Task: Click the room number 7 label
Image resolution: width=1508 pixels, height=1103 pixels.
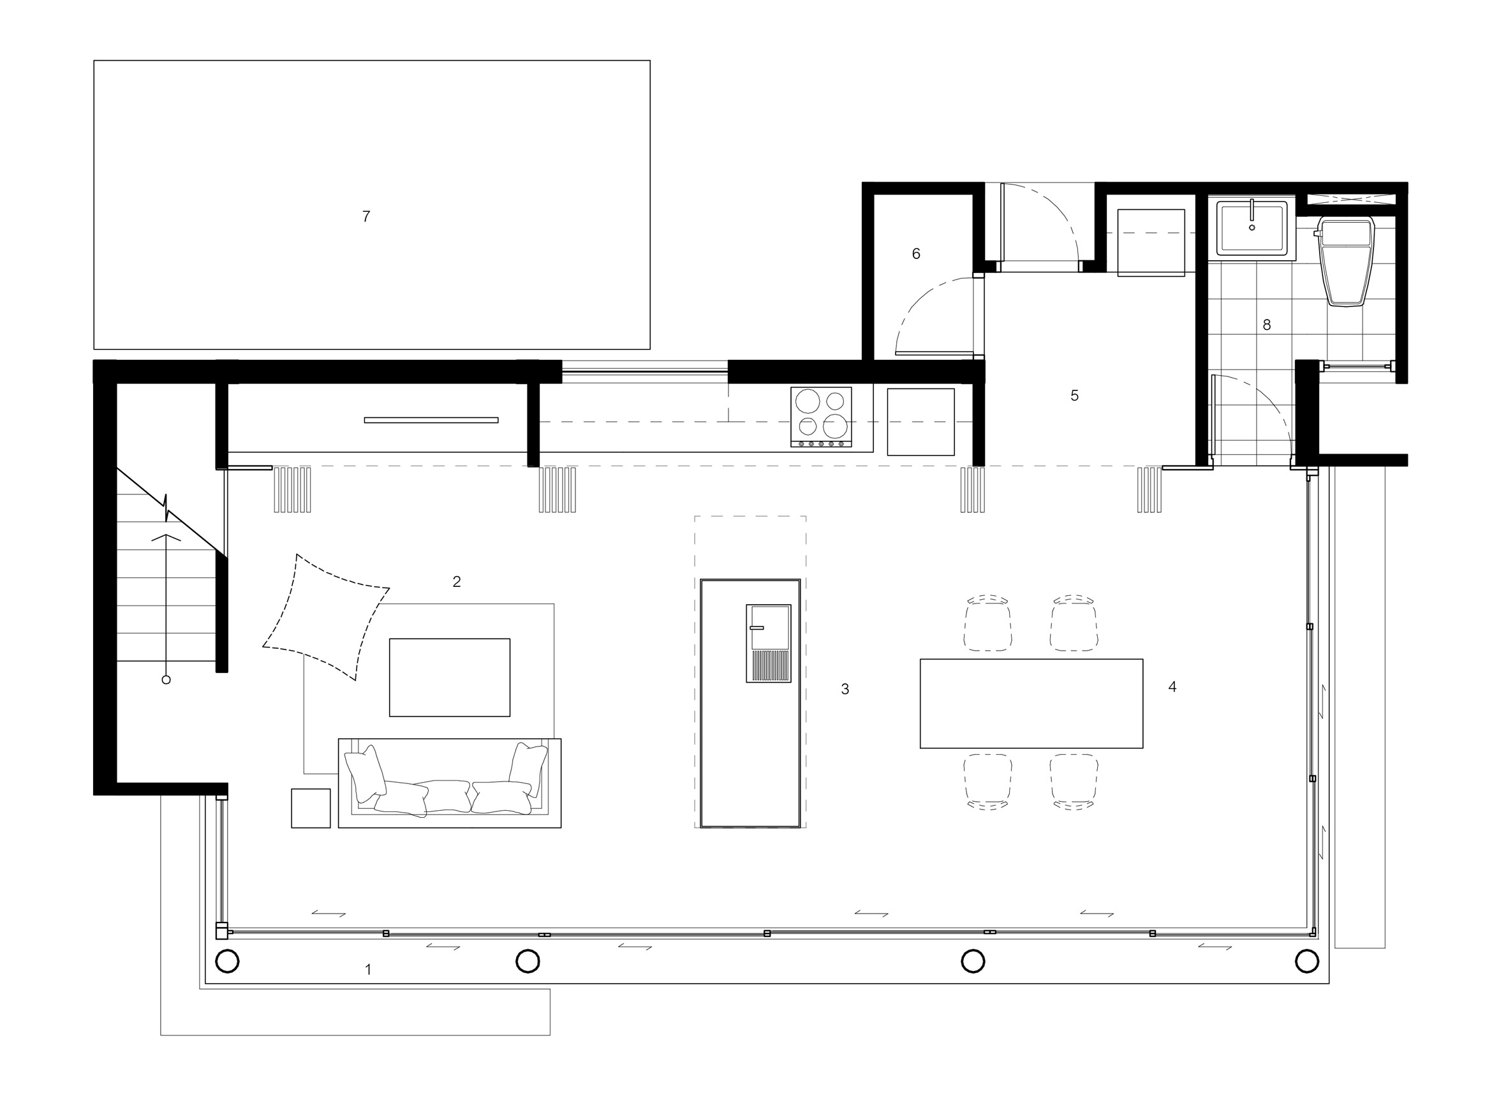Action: point(366,216)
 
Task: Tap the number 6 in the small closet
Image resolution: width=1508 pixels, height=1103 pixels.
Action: point(916,254)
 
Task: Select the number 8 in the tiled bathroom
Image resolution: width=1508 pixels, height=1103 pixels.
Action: point(1266,325)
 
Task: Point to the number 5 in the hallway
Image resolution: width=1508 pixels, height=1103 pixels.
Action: point(1074,396)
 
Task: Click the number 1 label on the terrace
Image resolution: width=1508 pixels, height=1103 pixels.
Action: point(368,969)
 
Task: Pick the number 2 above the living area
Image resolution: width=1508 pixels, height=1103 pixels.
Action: point(457,582)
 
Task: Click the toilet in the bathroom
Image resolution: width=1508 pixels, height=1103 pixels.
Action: point(1345,261)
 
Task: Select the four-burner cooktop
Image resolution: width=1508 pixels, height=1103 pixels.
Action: point(821,417)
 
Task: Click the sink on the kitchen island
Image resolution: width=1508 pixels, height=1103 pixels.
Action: point(768,644)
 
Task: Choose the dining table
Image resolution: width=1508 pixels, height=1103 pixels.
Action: point(1031,704)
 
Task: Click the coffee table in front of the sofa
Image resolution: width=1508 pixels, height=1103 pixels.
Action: point(450,677)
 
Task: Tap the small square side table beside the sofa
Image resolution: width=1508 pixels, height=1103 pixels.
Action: point(311,808)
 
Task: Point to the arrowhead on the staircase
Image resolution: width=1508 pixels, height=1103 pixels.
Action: point(166,535)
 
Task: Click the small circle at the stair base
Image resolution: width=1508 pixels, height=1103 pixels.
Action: point(166,679)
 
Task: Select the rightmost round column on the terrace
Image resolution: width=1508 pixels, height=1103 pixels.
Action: point(1306,961)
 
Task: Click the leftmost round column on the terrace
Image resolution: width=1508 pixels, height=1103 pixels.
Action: point(227,961)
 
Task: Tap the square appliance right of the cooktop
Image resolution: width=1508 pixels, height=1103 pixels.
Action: point(920,422)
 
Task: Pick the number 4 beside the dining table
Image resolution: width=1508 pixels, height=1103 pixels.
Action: point(1172,686)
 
